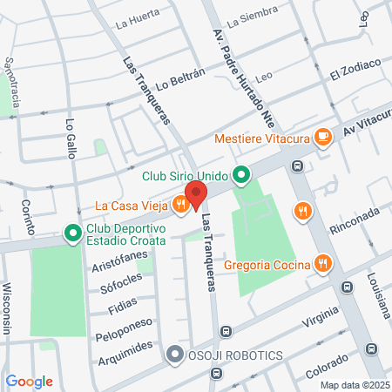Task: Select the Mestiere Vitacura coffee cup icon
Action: tap(322, 136)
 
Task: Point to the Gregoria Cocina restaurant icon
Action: tap(322, 262)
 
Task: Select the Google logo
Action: tap(29, 382)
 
